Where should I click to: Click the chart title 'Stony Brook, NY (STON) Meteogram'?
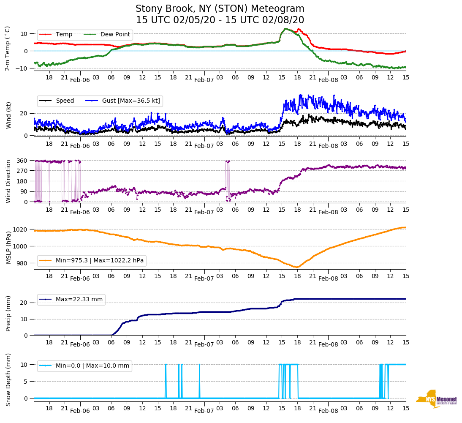click(x=220, y=9)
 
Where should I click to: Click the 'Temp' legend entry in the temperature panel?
click(x=64, y=35)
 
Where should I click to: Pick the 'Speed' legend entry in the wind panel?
click(x=65, y=101)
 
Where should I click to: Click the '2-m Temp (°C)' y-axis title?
click(x=8, y=48)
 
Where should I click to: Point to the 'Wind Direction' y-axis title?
click(x=8, y=181)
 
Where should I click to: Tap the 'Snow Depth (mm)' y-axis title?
click(x=8, y=379)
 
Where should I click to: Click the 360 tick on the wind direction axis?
click(x=22, y=161)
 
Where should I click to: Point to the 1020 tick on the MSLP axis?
click(x=20, y=229)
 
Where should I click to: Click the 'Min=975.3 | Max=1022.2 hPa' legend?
click(x=100, y=261)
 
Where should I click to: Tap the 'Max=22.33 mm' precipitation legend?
click(x=79, y=300)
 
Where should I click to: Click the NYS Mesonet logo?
click(x=437, y=398)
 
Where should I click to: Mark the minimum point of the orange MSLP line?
click(x=296, y=267)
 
